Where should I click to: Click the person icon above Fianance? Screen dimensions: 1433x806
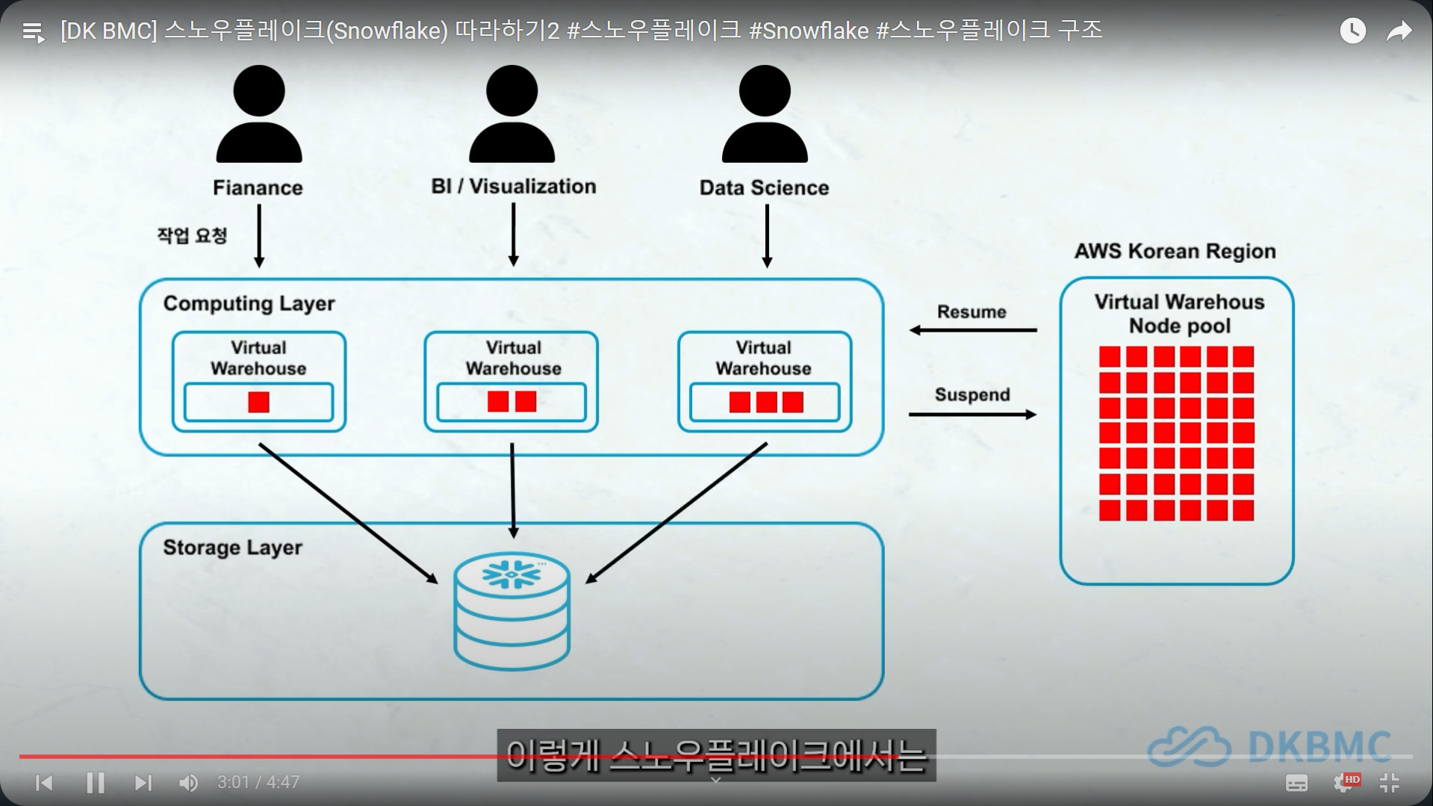click(x=259, y=114)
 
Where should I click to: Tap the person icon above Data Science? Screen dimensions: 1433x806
click(x=765, y=114)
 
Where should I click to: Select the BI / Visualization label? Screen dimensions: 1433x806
click(x=514, y=186)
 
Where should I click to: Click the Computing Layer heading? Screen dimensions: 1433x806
click(x=249, y=303)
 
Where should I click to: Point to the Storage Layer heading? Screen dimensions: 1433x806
click(x=232, y=548)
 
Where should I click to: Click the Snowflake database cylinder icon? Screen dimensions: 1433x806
click(x=512, y=610)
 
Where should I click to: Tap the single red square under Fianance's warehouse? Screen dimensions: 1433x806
click(x=258, y=403)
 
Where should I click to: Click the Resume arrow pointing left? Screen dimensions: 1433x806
click(x=973, y=329)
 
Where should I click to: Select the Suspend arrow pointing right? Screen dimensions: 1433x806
click(x=973, y=414)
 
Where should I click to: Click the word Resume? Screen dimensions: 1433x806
click(x=972, y=311)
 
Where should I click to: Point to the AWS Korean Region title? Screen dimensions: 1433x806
click(x=1175, y=251)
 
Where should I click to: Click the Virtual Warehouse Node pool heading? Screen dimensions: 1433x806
click(x=1180, y=314)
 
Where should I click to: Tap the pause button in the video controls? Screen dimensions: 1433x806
click(x=96, y=782)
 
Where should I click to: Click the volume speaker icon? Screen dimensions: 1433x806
click(x=188, y=782)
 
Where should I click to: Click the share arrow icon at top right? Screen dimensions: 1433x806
click(x=1399, y=31)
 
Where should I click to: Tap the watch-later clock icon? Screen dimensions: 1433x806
click(x=1352, y=31)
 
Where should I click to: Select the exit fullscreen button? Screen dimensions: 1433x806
click(x=1389, y=782)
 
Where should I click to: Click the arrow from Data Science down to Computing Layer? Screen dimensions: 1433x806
click(x=767, y=236)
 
